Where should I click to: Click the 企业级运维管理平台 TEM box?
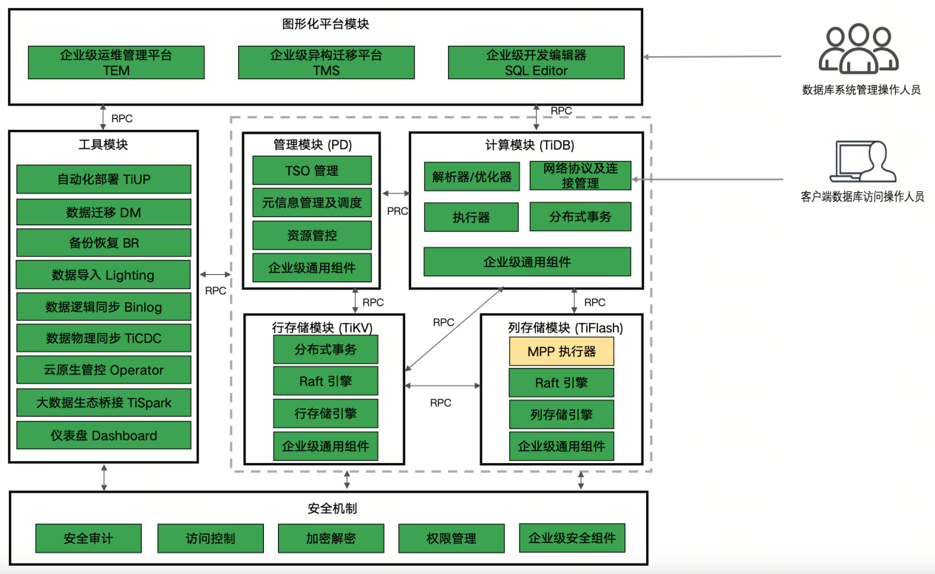coord(116,63)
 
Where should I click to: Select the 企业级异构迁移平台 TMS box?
coord(326,63)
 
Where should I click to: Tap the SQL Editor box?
coord(536,63)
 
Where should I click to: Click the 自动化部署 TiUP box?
coord(103,180)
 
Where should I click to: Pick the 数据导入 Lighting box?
coord(103,275)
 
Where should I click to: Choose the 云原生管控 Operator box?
coord(103,370)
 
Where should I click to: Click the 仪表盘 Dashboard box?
coord(103,435)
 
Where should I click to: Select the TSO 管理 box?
coord(312,171)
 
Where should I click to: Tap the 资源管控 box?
coord(312,236)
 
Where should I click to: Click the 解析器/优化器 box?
coord(472,177)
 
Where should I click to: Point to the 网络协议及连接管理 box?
coord(580,176)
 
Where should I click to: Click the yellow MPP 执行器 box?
coord(561,352)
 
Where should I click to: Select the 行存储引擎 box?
coord(325,414)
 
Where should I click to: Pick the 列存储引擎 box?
coord(561,414)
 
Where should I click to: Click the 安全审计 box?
coord(88,539)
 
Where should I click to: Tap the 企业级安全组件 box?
coord(571,538)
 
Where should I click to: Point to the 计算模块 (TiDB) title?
coord(525,145)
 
